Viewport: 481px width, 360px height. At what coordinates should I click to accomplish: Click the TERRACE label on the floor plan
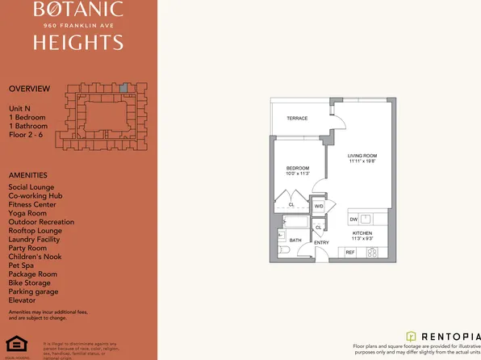click(298, 119)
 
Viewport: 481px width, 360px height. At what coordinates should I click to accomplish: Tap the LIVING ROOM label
click(363, 155)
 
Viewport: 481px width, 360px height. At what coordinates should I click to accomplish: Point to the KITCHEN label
click(362, 233)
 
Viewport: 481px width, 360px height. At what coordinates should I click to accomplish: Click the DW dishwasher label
click(353, 220)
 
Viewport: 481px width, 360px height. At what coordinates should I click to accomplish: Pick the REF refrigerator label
click(350, 253)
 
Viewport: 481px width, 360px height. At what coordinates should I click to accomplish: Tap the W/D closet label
click(318, 207)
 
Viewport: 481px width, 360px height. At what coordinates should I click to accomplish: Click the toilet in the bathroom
click(283, 250)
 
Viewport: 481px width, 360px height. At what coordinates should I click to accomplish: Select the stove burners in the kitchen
click(373, 253)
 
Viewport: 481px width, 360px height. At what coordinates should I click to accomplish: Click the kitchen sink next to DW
click(366, 219)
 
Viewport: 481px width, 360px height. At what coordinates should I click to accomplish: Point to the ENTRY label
click(321, 242)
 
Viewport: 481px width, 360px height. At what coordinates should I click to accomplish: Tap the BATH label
click(295, 240)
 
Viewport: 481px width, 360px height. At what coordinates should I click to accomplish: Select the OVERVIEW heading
click(29, 88)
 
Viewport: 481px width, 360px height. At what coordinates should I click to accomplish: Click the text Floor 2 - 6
click(28, 135)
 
